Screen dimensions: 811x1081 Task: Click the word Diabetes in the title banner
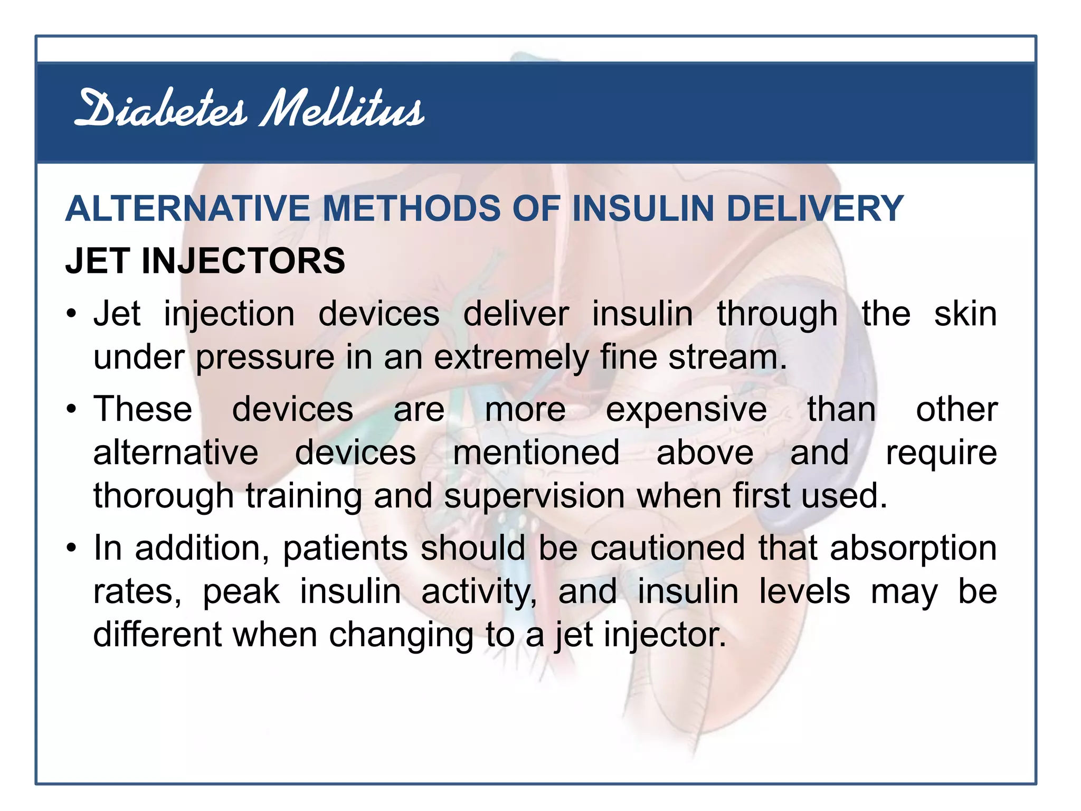click(161, 109)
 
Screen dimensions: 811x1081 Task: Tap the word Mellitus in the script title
click(342, 109)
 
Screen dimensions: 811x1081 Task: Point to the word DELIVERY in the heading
click(815, 209)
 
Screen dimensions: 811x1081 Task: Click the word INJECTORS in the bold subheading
click(243, 261)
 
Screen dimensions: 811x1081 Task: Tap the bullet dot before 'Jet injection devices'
click(72, 315)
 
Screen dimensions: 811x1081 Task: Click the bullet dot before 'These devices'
click(72, 410)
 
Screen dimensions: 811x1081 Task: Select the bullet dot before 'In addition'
click(72, 548)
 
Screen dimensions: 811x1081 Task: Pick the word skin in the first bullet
click(965, 315)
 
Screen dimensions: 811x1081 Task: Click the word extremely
click(511, 358)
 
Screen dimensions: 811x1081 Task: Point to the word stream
click(727, 358)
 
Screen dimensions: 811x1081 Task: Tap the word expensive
click(686, 410)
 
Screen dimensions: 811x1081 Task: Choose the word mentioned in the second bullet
click(536, 453)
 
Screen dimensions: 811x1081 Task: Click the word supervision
click(535, 496)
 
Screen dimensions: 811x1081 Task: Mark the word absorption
click(913, 548)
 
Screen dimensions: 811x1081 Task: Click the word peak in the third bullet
click(241, 592)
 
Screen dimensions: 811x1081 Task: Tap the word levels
click(804, 591)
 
